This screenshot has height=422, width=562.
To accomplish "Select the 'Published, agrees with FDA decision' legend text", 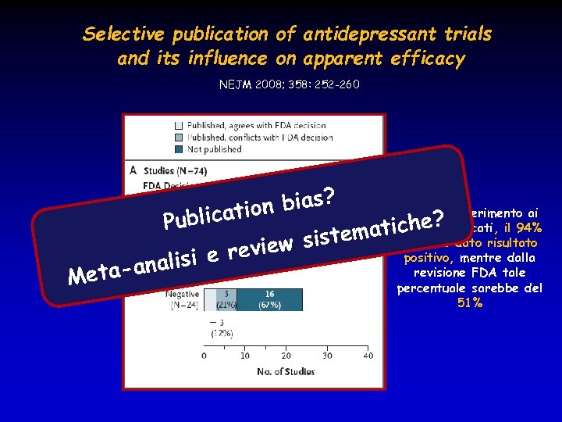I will pos(251,125).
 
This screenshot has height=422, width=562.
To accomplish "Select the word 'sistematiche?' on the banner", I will pos(373,228).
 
